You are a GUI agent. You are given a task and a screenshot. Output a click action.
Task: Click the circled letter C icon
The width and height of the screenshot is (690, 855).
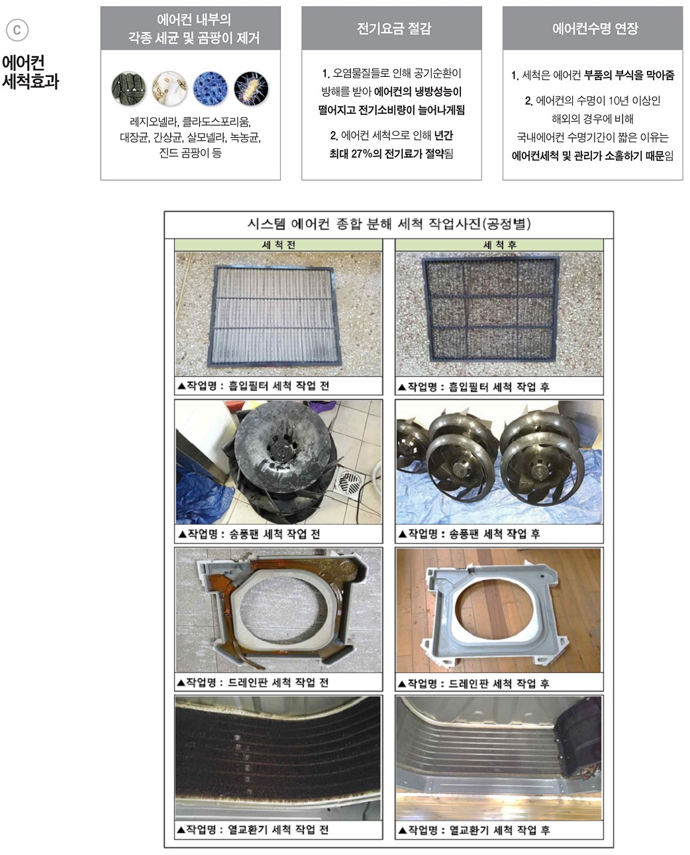click(x=17, y=30)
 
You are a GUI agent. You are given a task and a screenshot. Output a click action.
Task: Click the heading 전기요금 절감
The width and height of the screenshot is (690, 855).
click(x=393, y=28)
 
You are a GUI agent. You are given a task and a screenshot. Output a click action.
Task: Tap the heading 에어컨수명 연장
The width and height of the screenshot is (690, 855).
click(x=595, y=28)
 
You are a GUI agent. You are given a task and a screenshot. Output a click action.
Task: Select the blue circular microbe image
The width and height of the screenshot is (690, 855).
click(x=210, y=89)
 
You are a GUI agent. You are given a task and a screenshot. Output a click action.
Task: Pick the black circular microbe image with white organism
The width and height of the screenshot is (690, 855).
click(x=251, y=89)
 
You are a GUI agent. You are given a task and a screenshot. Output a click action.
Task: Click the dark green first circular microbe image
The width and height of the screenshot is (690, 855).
click(x=128, y=89)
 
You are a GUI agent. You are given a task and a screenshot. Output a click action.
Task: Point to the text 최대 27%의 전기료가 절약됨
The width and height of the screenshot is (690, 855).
click(x=391, y=154)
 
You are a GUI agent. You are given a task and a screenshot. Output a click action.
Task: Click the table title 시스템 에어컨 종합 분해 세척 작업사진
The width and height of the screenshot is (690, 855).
click(x=389, y=224)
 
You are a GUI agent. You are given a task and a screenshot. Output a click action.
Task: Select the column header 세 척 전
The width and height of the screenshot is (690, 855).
click(x=278, y=245)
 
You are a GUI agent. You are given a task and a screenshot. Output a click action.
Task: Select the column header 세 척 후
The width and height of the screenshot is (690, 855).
click(x=499, y=245)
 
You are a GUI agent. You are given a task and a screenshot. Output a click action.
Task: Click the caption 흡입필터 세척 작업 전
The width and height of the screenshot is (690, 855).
click(x=253, y=386)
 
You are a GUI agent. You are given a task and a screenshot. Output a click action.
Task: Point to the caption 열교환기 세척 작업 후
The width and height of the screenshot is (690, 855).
click(x=473, y=830)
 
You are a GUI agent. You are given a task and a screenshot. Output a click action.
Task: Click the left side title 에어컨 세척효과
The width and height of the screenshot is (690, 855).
click(x=30, y=72)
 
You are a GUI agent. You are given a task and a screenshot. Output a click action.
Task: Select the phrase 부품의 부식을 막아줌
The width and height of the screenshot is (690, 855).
click(x=629, y=75)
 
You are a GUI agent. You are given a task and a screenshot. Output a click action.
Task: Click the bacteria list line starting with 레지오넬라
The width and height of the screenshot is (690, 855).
click(x=190, y=123)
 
